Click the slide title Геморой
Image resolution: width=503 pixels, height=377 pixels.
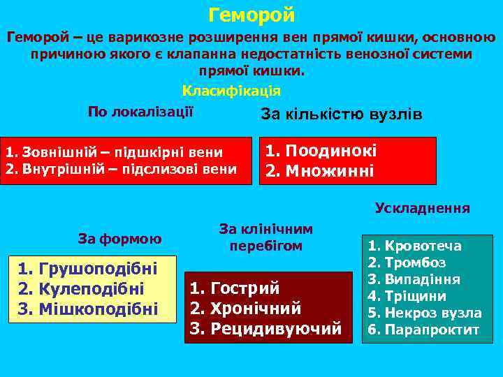click(251, 15)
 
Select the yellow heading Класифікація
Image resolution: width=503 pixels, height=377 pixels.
click(231, 91)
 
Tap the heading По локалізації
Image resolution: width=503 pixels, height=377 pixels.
click(140, 112)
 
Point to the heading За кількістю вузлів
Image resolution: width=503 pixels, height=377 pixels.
click(341, 114)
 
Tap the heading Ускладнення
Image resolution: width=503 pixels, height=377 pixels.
click(422, 208)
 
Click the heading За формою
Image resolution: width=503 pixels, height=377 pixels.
click(119, 239)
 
